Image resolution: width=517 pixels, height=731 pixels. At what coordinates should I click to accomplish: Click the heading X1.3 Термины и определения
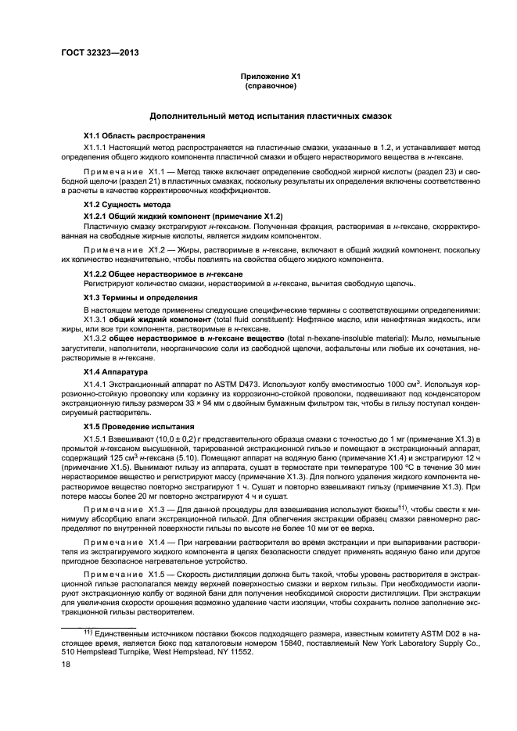tap(135, 298)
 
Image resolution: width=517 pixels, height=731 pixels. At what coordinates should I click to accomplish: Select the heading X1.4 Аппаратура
tap(117, 372)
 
